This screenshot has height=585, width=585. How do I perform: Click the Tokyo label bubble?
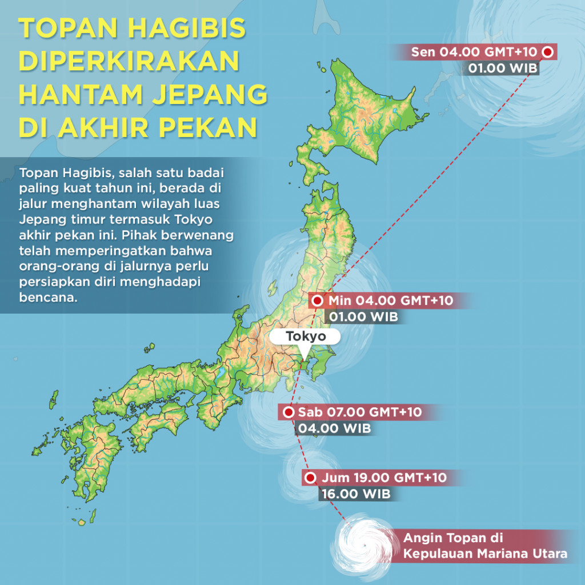pos(305,336)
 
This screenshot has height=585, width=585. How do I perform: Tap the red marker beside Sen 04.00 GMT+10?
pos(547,53)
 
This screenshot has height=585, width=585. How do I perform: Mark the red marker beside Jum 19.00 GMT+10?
pos(310,478)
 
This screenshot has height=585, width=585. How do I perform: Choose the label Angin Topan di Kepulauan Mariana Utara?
pos(485,546)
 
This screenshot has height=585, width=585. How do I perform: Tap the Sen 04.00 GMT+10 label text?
pos(474,53)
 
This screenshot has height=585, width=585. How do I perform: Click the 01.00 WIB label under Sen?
pos(500,69)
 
